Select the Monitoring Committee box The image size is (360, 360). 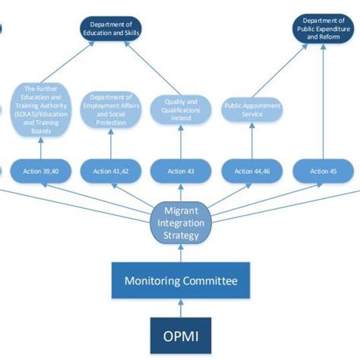(x=179, y=281)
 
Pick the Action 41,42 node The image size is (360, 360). (x=111, y=172)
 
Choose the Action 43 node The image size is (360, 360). (x=179, y=172)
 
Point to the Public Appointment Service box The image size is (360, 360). (x=251, y=110)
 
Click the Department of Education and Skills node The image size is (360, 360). (x=113, y=29)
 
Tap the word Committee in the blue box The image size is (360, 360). (x=209, y=281)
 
